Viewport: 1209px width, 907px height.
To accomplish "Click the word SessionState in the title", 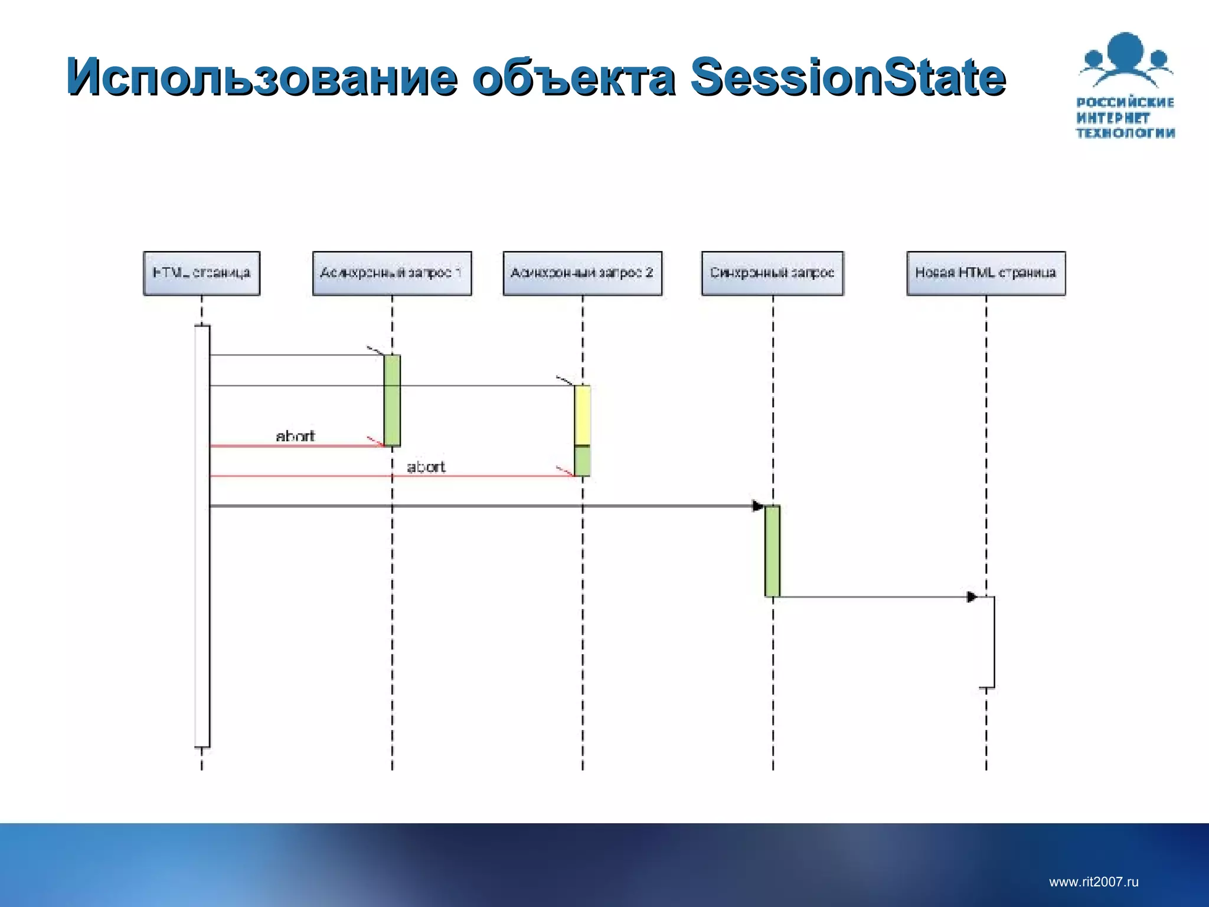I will pos(848,77).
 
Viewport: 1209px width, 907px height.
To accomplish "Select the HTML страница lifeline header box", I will pos(201,273).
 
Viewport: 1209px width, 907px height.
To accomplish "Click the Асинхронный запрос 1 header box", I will pos(392,273).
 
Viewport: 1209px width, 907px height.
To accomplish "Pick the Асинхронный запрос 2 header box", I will pos(582,273).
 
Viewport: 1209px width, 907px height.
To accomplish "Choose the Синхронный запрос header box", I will pos(772,273).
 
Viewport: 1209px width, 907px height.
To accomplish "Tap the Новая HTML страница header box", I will pos(986,273).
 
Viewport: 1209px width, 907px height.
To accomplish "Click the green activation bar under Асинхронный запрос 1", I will pos(392,400).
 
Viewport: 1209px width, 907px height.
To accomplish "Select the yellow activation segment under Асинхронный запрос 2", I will pos(582,415).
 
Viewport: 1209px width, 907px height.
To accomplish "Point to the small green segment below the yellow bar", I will pos(582,461).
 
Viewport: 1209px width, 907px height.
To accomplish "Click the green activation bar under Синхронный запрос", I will pos(772,550).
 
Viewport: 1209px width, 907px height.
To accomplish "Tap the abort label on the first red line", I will pos(295,436).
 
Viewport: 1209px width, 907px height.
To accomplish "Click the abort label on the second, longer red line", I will pos(426,466).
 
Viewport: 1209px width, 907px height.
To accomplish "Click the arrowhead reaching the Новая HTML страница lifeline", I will pos(972,597).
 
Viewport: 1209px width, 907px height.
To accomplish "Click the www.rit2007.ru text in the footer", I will pos(1093,882).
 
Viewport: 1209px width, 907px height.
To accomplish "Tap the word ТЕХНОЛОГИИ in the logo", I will pos(1125,133).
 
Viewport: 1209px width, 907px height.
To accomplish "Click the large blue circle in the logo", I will pos(1126,51).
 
